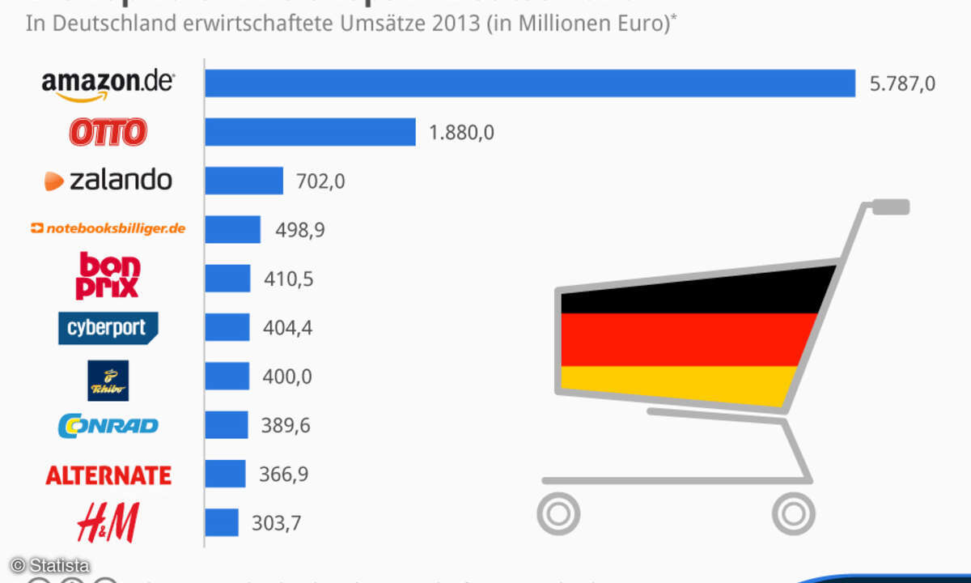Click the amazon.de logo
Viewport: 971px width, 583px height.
click(x=107, y=84)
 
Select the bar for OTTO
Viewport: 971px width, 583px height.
click(x=310, y=132)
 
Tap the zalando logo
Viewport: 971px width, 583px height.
click(x=108, y=180)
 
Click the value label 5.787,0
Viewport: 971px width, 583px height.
click(x=902, y=84)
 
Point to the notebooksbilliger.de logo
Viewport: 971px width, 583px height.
click(x=108, y=229)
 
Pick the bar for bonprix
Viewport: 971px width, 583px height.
click(x=227, y=279)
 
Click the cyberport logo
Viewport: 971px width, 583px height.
click(x=108, y=328)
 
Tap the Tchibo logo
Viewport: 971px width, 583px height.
click(x=108, y=380)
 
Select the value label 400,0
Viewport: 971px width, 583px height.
click(x=287, y=377)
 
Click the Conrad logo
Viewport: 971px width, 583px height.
click(x=108, y=426)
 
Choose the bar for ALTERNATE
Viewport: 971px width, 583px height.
click(x=225, y=474)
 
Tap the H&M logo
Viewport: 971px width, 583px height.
click(x=108, y=522)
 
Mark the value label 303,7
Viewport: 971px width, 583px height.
click(x=276, y=523)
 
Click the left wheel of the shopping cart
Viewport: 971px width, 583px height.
click(x=559, y=513)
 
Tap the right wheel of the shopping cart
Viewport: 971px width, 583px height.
click(x=793, y=513)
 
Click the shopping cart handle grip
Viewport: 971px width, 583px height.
click(x=890, y=207)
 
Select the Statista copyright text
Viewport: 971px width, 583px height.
click(x=50, y=565)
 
